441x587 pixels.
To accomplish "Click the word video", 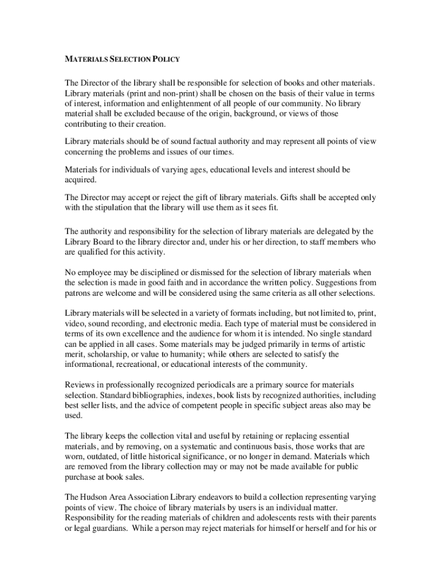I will coord(76,324).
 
